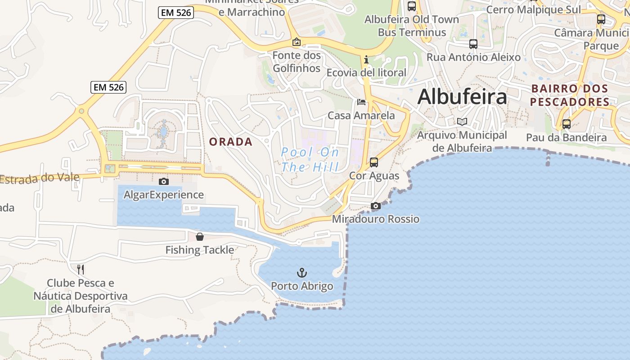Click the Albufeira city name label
pyautogui.click(x=462, y=97)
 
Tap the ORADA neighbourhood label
pyautogui.click(x=231, y=142)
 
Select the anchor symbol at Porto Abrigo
pyautogui.click(x=302, y=272)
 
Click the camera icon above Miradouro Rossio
pyautogui.click(x=376, y=206)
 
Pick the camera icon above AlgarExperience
pyautogui.click(x=164, y=181)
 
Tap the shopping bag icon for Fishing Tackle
pyautogui.click(x=200, y=237)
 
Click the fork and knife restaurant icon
pyautogui.click(x=81, y=269)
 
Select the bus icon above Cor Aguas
pyautogui.click(x=374, y=162)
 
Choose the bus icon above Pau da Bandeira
pyautogui.click(x=566, y=124)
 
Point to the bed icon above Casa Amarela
pyautogui.click(x=361, y=102)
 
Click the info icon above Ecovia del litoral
pyautogui.click(x=366, y=59)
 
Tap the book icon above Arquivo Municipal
pyautogui.click(x=462, y=121)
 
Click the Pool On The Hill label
pyautogui.click(x=310, y=160)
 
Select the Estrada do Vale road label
pyautogui.click(x=40, y=178)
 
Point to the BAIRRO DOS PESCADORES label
pyautogui.click(x=569, y=95)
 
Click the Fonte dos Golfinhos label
pyautogui.click(x=297, y=62)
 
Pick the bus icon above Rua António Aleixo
pyautogui.click(x=473, y=44)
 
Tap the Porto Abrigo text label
pyautogui.click(x=302, y=286)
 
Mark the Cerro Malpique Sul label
pyautogui.click(x=533, y=9)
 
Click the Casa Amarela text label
pyautogui.click(x=361, y=116)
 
